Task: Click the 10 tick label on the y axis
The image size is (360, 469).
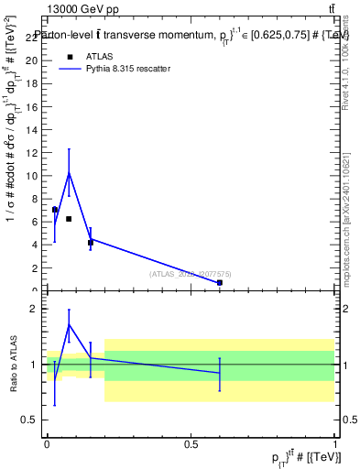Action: (x=34, y=175)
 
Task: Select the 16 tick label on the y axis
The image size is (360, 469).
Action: (x=34, y=106)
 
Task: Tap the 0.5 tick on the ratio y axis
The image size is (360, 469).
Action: (x=35, y=420)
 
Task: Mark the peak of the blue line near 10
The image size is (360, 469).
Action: (x=69, y=172)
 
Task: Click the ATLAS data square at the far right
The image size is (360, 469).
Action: (x=220, y=283)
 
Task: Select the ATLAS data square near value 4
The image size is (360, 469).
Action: (x=90, y=243)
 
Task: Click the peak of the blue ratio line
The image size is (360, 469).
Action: (x=69, y=324)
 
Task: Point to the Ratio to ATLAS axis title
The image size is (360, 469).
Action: (x=15, y=365)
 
